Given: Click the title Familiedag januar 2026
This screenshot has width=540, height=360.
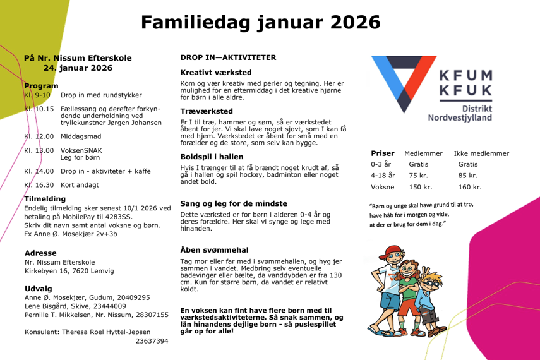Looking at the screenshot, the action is click(261, 23).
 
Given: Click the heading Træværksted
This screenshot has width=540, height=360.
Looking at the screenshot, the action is click(207, 111).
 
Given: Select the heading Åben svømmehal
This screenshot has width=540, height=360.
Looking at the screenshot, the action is click(214, 249).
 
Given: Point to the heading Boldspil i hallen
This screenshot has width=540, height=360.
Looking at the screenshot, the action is click(212, 157).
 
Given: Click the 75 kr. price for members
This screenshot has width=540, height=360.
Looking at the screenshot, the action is click(419, 176).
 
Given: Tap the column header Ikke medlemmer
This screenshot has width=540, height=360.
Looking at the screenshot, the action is click(481, 153).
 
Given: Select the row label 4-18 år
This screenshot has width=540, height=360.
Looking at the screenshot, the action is click(383, 176).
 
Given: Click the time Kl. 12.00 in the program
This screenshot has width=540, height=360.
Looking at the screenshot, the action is click(39, 136).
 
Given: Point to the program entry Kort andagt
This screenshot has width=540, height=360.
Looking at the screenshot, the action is click(80, 185).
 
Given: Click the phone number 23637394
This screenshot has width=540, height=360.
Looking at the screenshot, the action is click(152, 341).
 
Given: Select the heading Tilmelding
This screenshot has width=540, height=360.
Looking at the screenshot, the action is click(45, 199).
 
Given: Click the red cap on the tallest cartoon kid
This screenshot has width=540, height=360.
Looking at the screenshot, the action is click(393, 251).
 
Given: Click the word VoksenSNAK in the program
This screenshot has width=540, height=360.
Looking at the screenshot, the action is click(81, 150).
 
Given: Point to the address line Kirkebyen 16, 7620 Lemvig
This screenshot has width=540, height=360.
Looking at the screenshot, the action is click(69, 271).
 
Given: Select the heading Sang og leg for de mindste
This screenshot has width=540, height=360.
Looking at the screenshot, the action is click(234, 203).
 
